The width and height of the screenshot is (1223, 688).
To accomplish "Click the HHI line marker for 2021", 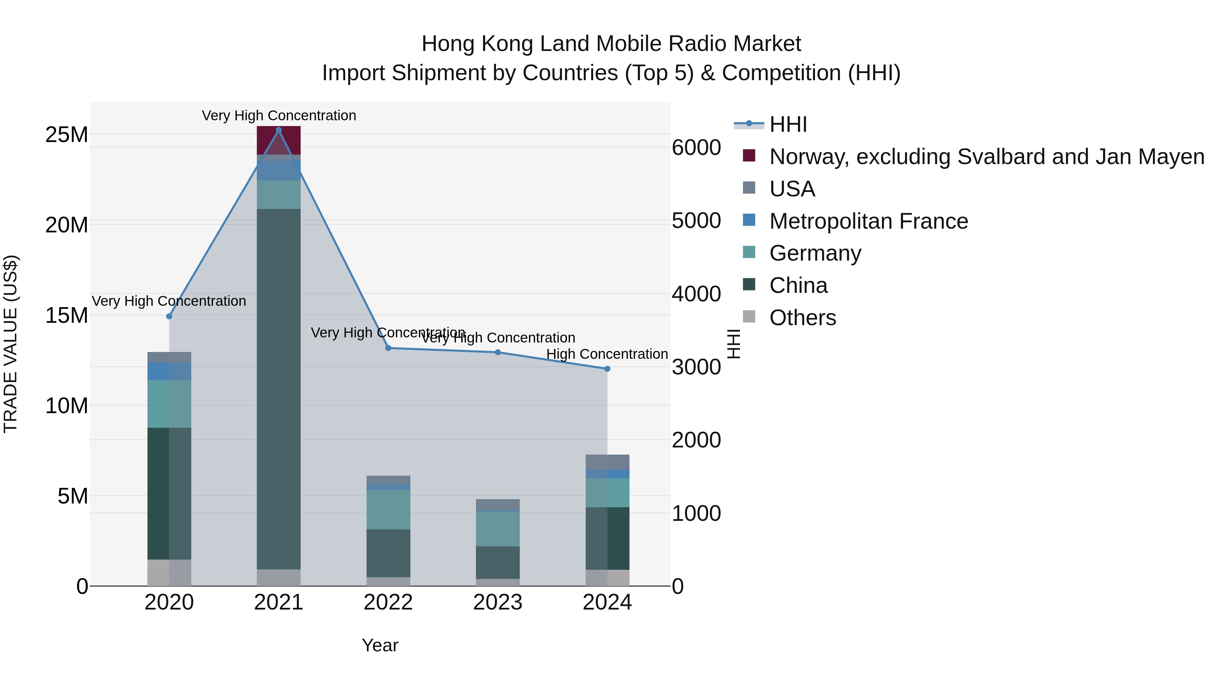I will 279,130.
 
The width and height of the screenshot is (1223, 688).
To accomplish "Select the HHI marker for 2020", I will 169,316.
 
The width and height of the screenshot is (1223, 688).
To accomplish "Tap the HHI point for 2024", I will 607,369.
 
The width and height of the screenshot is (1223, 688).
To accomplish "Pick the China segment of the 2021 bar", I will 279,389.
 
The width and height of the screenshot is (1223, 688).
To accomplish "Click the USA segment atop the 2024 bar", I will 607,462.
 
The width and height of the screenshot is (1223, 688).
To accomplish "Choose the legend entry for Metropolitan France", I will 868,221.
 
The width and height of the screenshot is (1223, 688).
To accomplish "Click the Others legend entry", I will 802,318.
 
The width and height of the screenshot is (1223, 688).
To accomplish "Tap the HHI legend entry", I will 788,124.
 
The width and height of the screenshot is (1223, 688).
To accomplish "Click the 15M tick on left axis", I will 67,315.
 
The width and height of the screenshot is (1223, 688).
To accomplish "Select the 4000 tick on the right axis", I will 696,294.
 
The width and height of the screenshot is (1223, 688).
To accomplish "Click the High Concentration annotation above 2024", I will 607,354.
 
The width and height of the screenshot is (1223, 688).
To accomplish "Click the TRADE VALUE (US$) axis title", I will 11,344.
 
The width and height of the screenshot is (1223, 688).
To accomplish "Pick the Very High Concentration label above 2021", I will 279,116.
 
